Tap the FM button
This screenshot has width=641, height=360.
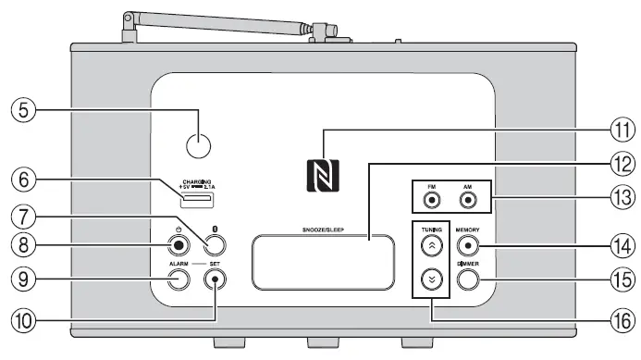(x=431, y=200)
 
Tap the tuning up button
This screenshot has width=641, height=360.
(x=431, y=245)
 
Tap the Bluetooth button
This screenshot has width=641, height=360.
(x=215, y=245)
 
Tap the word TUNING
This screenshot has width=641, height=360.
(x=431, y=228)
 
